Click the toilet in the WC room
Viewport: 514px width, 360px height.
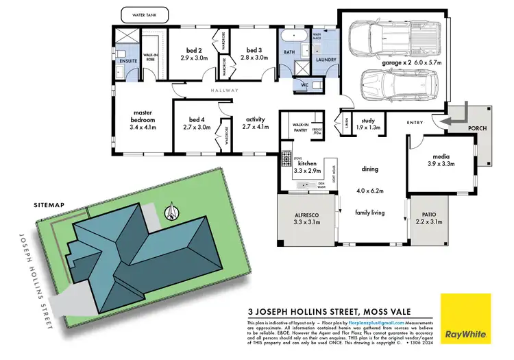click(x=315, y=85)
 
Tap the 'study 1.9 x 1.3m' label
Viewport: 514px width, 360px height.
click(x=369, y=123)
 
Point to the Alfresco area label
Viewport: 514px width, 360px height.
click(x=302, y=219)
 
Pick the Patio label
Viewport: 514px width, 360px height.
click(x=429, y=219)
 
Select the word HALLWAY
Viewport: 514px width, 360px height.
click(x=225, y=90)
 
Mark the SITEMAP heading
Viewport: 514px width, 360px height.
click(x=49, y=205)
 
